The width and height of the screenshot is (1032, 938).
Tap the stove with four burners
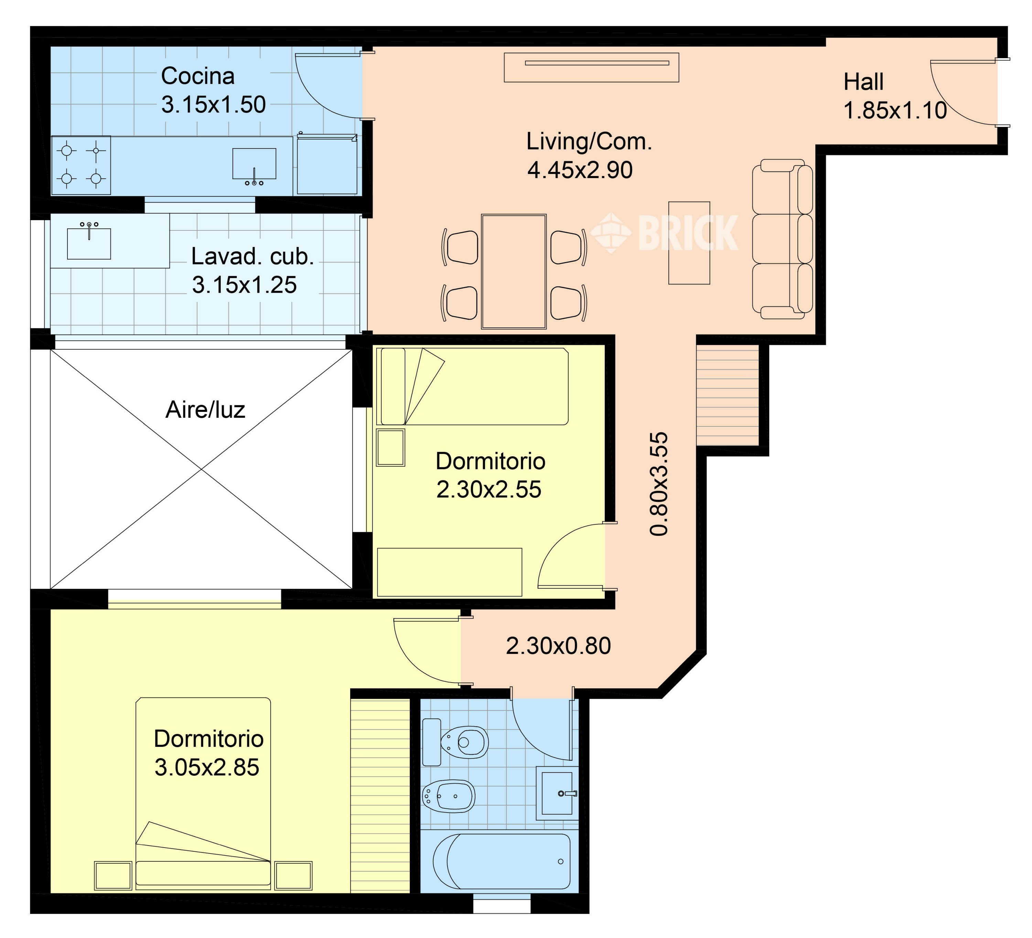pyautogui.click(x=81, y=165)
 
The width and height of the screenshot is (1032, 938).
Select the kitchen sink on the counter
pyautogui.click(x=255, y=165)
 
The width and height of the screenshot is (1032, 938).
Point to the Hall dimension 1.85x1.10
pyautogui.click(x=895, y=110)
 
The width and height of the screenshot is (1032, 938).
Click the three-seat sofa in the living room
pyautogui.click(x=782, y=239)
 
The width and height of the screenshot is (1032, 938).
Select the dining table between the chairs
pyautogui.click(x=514, y=271)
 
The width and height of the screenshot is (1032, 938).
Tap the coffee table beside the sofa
pyautogui.click(x=689, y=242)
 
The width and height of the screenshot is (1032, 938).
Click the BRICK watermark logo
pyautogui.click(x=665, y=233)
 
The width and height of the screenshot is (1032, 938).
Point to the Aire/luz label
pyautogui.click(x=205, y=410)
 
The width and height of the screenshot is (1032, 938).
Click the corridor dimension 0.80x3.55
pyautogui.click(x=659, y=483)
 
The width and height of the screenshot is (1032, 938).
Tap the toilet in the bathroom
pyautogui.click(x=455, y=742)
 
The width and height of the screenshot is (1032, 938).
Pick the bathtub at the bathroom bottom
pyautogui.click(x=502, y=861)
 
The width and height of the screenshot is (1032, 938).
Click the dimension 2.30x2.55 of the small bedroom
pyautogui.click(x=489, y=490)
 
